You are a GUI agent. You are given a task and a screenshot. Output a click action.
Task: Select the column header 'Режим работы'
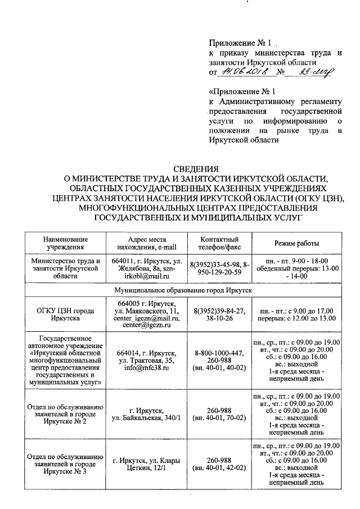click(x=296, y=243)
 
